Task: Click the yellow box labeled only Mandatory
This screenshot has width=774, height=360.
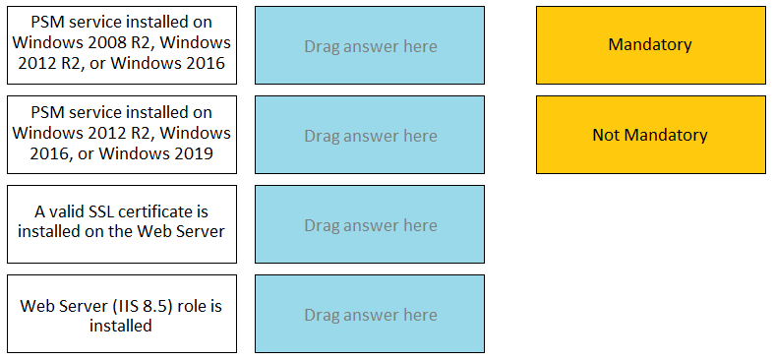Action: click(650, 45)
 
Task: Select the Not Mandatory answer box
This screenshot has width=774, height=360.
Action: click(650, 135)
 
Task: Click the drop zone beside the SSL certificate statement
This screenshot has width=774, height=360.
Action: click(370, 225)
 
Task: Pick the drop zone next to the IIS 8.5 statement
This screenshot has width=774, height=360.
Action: click(370, 315)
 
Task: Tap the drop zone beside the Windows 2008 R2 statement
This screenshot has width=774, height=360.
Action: click(370, 46)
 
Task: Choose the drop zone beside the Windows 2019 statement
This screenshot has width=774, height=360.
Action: click(370, 136)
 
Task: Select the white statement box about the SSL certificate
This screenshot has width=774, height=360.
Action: click(122, 224)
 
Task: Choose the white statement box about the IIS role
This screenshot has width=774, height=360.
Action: click(122, 314)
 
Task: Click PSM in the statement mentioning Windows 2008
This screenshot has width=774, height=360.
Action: click(47, 23)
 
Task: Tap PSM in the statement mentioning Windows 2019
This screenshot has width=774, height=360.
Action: click(47, 113)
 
